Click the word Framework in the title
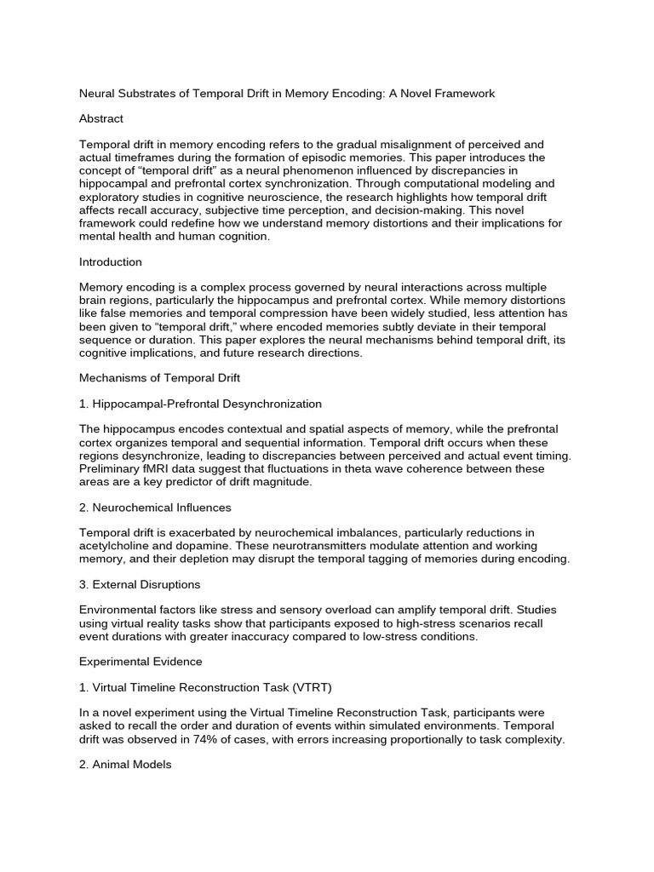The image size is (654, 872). coord(462,94)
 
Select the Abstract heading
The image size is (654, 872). coord(100,118)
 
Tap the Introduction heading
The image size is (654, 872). coord(110,261)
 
